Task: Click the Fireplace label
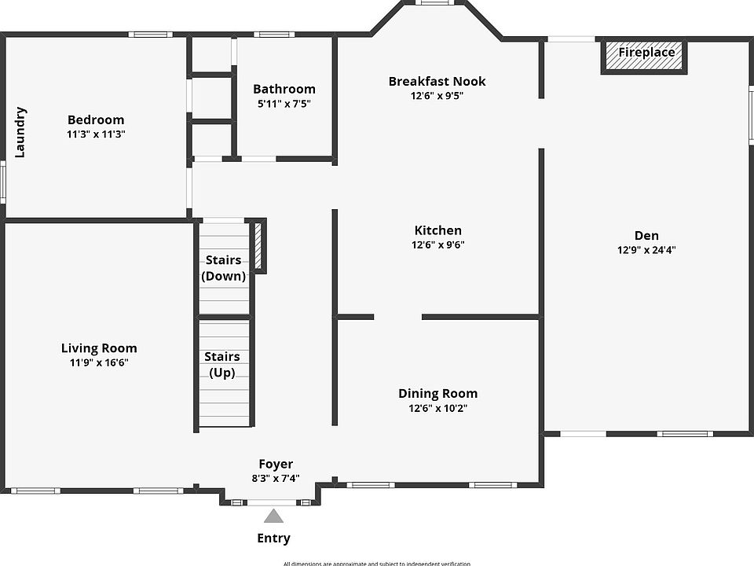(x=646, y=53)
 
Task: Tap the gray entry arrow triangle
(x=273, y=516)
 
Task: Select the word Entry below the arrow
(x=273, y=538)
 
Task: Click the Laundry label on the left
(x=20, y=132)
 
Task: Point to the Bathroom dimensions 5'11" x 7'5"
(x=284, y=104)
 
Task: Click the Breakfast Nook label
(x=437, y=81)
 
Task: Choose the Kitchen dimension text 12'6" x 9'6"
(x=437, y=244)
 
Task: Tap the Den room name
(x=646, y=235)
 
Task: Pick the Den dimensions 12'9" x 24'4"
(x=646, y=250)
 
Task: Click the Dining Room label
(x=437, y=394)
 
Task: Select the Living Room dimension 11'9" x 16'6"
(x=99, y=363)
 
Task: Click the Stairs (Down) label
(x=224, y=268)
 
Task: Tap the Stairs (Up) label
(x=222, y=365)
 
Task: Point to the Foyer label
(x=276, y=464)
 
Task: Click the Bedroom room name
(x=96, y=119)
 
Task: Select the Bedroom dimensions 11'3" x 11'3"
(x=96, y=134)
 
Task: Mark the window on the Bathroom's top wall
(x=273, y=34)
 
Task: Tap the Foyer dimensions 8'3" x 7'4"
(x=276, y=478)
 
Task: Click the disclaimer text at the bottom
(x=377, y=563)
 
